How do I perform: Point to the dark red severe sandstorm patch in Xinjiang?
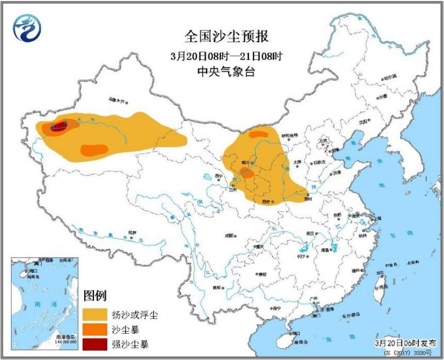tap(58, 125)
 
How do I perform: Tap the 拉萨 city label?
tap(133, 233)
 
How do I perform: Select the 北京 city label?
tap(324, 140)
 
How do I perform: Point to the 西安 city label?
tap(266, 201)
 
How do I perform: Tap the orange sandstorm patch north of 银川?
tap(258, 135)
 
